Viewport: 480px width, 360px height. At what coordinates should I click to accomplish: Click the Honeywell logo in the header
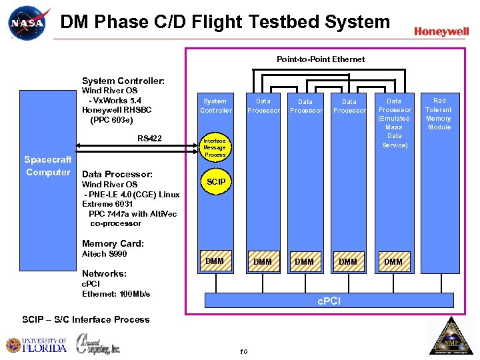(x=441, y=31)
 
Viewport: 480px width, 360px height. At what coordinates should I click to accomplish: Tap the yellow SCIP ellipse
(x=216, y=182)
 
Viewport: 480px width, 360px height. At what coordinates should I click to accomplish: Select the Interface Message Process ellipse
(x=215, y=148)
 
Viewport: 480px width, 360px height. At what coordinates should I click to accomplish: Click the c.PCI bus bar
(x=328, y=301)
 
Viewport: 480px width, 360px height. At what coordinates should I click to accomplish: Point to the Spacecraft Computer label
(x=47, y=166)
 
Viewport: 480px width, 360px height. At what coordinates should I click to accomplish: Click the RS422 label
(x=149, y=139)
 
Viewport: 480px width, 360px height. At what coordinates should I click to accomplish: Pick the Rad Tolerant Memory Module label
(x=439, y=114)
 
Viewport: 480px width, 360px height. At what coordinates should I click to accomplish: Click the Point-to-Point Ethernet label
(x=321, y=59)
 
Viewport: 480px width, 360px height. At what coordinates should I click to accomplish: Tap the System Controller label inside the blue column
(x=216, y=105)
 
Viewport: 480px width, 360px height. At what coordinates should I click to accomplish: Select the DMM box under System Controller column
(x=215, y=261)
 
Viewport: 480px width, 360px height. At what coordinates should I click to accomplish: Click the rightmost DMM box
(x=393, y=262)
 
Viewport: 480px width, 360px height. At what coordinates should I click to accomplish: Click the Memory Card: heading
(x=113, y=244)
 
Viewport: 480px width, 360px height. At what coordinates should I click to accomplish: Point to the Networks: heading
(x=104, y=273)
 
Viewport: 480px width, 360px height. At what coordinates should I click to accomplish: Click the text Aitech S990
(x=104, y=254)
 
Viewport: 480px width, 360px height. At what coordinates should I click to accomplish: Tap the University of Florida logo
(x=37, y=345)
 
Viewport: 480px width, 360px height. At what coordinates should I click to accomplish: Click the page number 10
(x=243, y=351)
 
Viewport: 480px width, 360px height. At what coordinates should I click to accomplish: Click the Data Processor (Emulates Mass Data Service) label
(x=394, y=123)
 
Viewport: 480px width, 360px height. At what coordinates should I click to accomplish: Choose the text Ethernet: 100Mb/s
(x=116, y=294)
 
